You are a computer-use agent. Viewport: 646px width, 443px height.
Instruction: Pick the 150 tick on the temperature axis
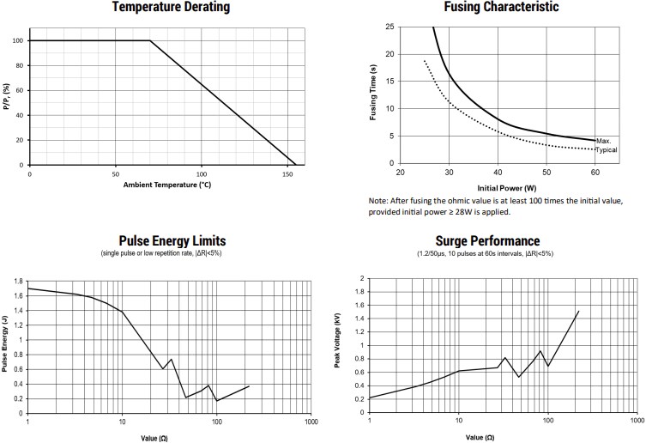pos(287,173)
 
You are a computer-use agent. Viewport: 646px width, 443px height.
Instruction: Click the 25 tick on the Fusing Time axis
pos(390,27)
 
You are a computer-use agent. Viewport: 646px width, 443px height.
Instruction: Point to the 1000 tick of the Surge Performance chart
pos(635,422)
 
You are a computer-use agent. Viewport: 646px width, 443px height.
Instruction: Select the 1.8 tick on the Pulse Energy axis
pos(18,281)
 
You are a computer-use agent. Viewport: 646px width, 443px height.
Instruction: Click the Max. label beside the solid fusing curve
pos(603,141)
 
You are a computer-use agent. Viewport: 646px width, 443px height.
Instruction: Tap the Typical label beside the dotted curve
pos(607,149)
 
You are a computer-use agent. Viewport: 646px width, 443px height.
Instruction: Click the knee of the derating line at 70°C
pos(150,40)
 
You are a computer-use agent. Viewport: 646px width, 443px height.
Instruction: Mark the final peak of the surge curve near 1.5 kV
pos(579,312)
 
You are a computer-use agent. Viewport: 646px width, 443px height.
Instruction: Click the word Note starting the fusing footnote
pos(379,200)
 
